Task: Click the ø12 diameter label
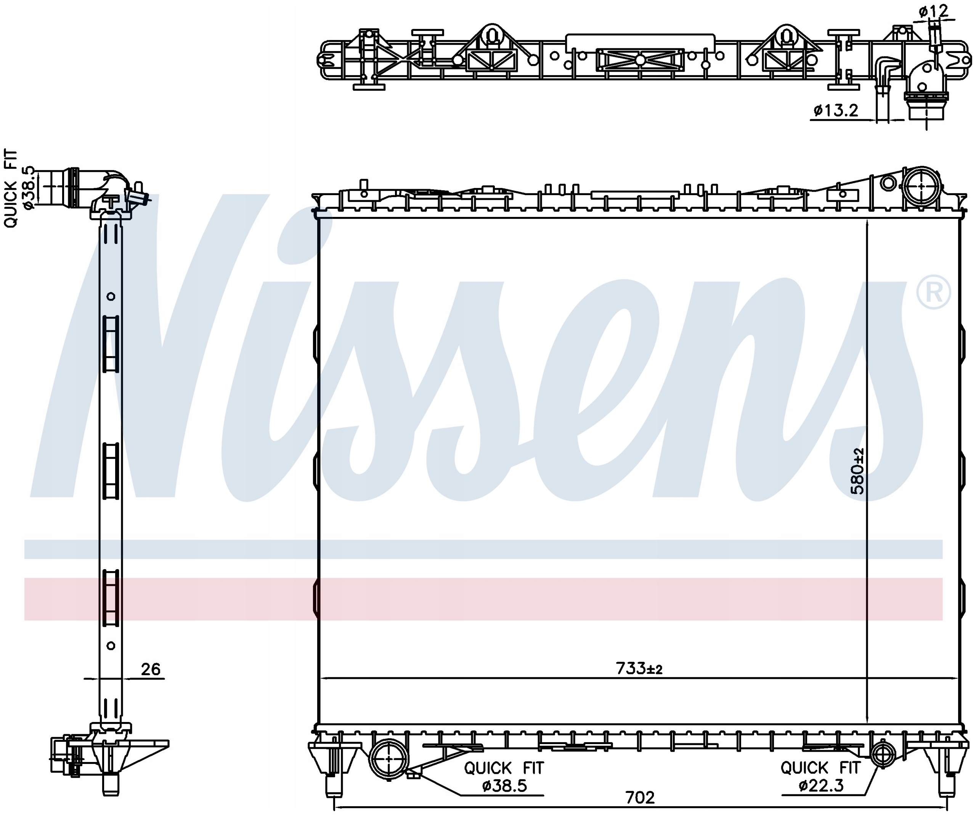(933, 11)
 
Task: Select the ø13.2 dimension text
(836, 111)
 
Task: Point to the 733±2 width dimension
(639, 668)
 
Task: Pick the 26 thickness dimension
(150, 669)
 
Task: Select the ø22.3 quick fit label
(821, 785)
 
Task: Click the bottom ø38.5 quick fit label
(504, 785)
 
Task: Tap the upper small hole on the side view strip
(111, 296)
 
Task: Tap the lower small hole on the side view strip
(111, 645)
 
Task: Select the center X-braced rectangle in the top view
(640, 60)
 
